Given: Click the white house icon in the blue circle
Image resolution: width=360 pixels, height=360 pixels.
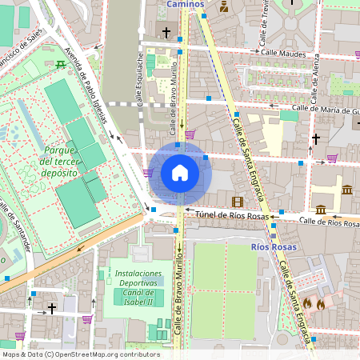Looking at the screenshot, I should tap(180, 172).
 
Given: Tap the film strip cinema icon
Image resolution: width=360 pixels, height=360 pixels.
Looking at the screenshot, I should tap(237, 202).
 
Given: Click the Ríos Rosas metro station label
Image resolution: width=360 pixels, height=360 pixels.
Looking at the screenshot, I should tap(274, 247).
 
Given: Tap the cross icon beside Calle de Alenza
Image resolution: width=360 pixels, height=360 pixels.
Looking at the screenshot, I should tap(316, 138).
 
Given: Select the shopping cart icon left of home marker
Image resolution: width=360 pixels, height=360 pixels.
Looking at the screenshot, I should tap(148, 172).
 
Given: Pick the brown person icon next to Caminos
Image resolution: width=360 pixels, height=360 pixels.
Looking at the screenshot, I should tap(223, 7).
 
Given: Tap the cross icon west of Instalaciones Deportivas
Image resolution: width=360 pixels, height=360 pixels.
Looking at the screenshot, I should tap(52, 307).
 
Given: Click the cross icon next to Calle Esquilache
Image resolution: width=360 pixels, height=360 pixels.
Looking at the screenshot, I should tap(166, 33).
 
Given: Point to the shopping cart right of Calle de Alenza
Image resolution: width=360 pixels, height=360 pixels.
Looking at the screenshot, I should tap(331, 158).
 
